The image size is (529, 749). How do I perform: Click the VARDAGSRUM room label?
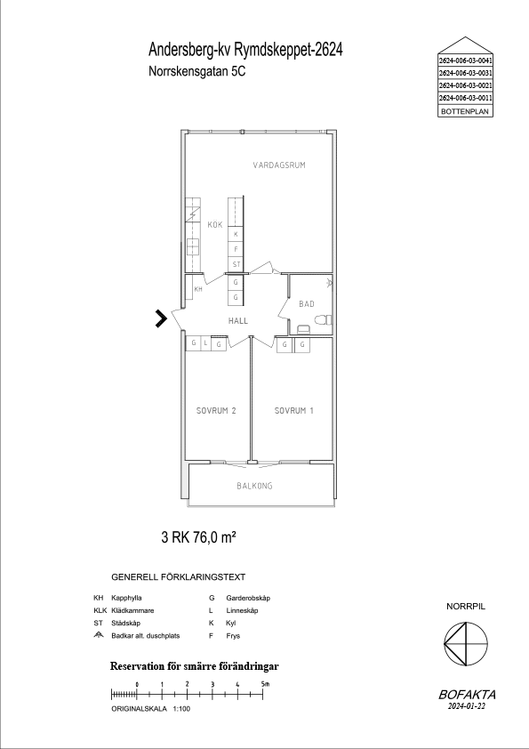(279, 165)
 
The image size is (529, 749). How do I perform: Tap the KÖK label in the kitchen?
(215, 224)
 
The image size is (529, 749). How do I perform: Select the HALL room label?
(237, 320)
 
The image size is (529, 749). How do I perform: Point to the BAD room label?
(307, 303)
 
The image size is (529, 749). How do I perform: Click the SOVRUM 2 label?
(216, 410)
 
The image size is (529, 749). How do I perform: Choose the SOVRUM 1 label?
(294, 410)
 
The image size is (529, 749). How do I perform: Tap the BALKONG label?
(254, 486)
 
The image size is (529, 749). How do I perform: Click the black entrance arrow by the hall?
(162, 318)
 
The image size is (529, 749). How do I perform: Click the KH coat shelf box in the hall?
(198, 289)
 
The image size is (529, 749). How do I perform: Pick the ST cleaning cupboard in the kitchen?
(236, 264)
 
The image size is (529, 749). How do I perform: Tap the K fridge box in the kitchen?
(236, 234)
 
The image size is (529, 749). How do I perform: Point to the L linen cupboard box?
(205, 343)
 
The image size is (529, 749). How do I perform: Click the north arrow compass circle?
(466, 643)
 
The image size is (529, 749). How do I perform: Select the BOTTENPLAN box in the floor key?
(466, 111)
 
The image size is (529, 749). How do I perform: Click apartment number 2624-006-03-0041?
(466, 60)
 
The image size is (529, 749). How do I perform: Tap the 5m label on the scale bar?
(266, 683)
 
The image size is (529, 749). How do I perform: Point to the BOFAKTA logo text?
(467, 695)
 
